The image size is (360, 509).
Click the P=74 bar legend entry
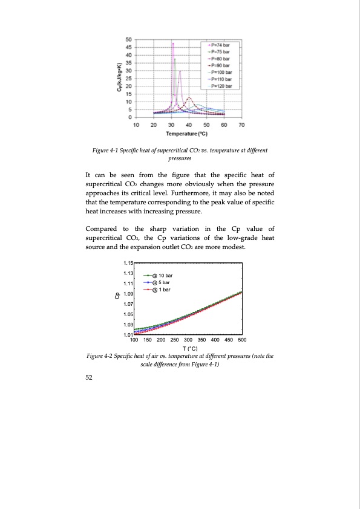pos(222,45)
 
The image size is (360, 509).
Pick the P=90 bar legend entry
pos(222,66)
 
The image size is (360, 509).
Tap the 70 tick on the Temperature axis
pos(241,124)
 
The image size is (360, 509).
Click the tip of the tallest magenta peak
pos(173,43)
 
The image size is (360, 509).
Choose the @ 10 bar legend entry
pos(160,276)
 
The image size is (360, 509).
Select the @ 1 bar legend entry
pos(160,290)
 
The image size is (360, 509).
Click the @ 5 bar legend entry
pos(160,282)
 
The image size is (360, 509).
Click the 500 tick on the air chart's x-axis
pos(242,340)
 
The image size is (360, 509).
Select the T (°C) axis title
pos(189,348)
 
